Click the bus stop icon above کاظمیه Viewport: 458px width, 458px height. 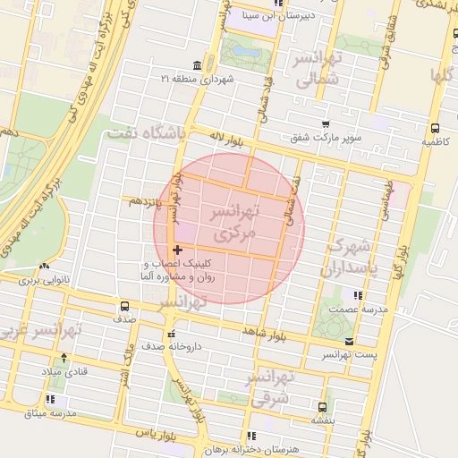(435, 129)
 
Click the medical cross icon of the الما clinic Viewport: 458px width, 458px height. (177, 249)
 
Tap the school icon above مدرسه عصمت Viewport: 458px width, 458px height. (358, 295)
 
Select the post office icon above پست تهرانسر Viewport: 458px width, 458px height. (349, 342)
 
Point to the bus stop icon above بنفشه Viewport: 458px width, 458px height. (322, 405)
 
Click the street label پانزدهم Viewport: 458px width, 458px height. (143, 201)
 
